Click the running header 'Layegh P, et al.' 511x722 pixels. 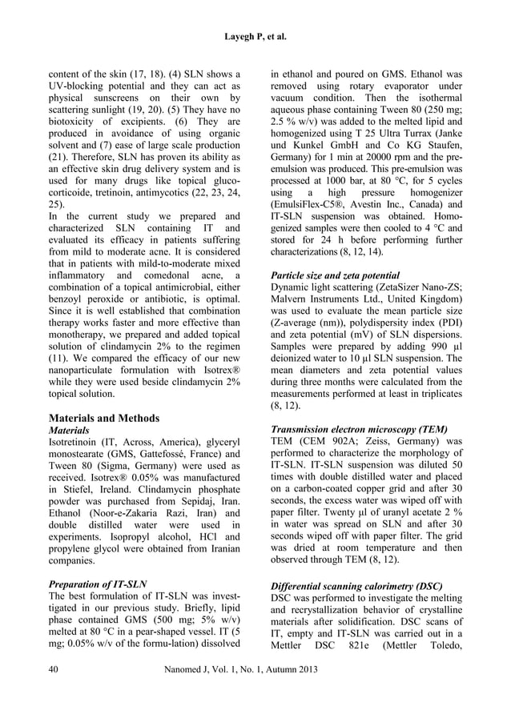(255, 36)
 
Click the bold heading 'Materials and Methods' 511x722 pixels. (104, 418)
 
